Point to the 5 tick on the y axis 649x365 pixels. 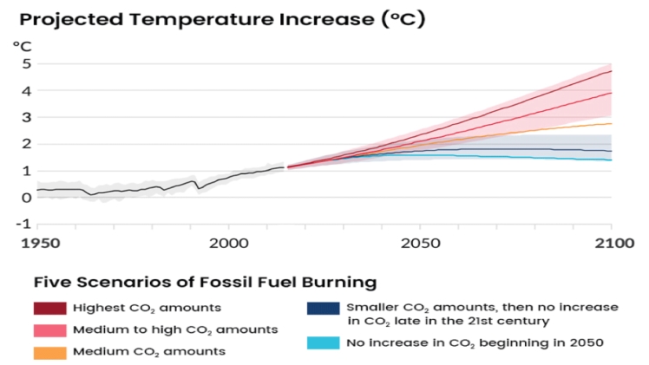25,63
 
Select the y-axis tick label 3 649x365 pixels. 25,117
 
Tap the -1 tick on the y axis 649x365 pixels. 23,224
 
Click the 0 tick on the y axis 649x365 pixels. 25,197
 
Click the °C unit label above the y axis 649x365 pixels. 22,44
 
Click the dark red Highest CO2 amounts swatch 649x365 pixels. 49,308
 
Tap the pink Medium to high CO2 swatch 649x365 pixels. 49,329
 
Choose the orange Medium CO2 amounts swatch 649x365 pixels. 49,351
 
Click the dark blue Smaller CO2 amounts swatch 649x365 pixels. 323,308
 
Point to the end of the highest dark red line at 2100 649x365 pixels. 612,71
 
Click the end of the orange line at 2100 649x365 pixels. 612,123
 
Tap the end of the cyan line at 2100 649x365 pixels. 612,160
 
